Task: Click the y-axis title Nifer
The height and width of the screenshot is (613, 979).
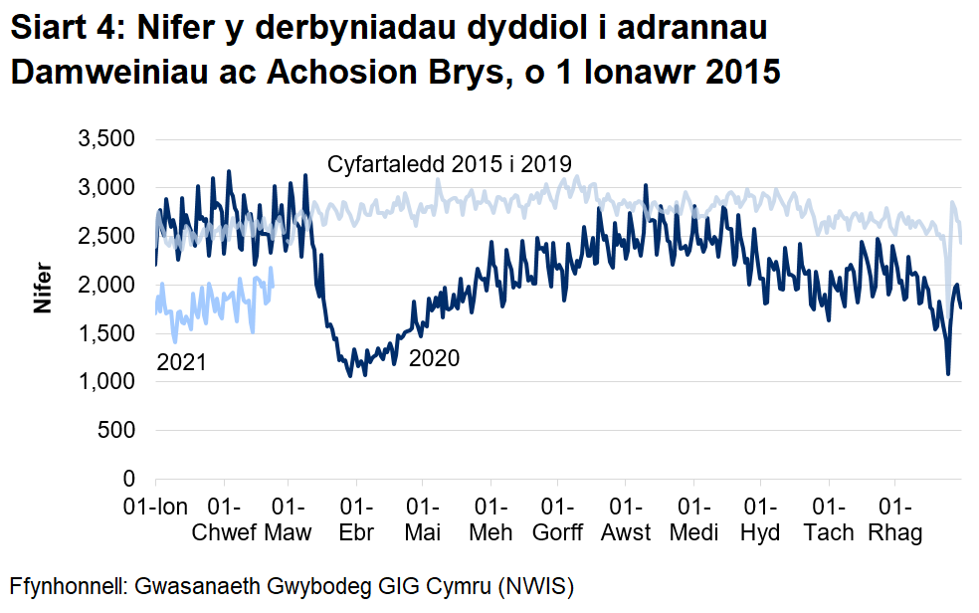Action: (43, 288)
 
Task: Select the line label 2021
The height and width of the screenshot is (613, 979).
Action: (182, 362)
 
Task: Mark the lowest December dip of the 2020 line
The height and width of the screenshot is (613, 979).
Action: (948, 374)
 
